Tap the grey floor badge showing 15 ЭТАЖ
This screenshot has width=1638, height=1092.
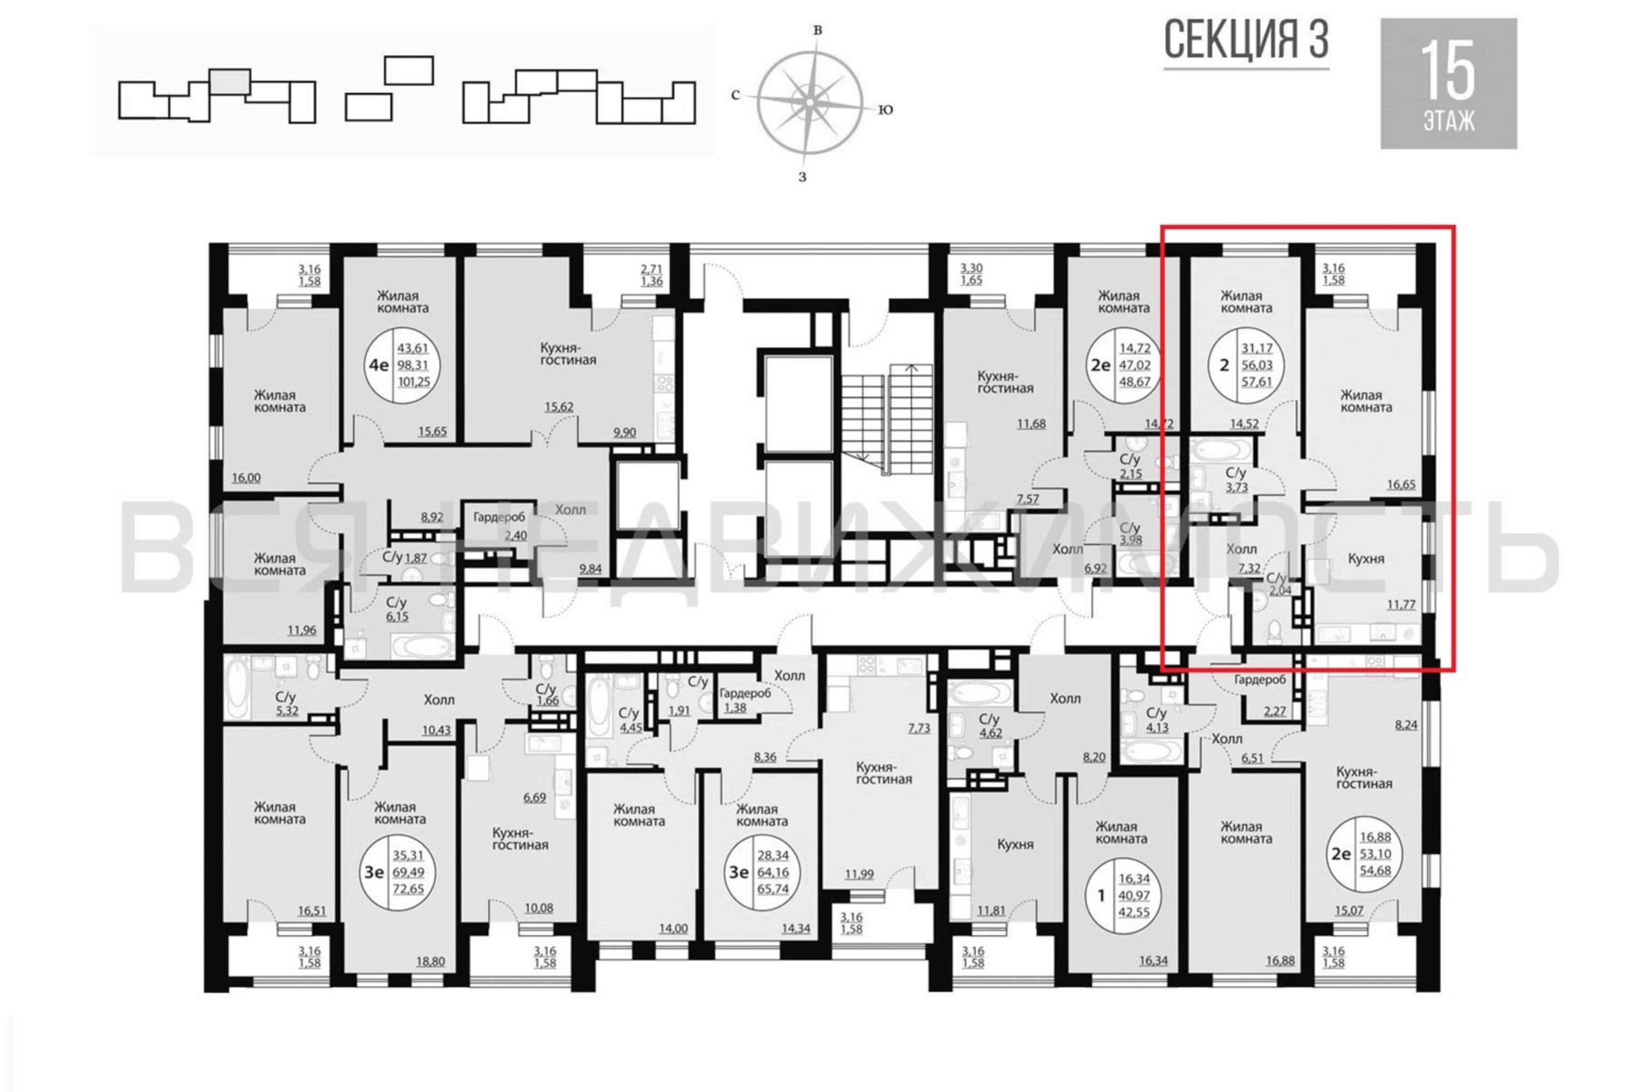(1449, 84)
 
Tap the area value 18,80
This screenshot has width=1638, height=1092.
(430, 962)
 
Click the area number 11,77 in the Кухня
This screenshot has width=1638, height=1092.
(1400, 604)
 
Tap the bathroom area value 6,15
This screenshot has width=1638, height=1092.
(397, 616)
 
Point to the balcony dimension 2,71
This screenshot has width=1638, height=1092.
(652, 268)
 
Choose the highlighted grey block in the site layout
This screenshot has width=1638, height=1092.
(230, 81)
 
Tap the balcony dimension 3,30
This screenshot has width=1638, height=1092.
(971, 268)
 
